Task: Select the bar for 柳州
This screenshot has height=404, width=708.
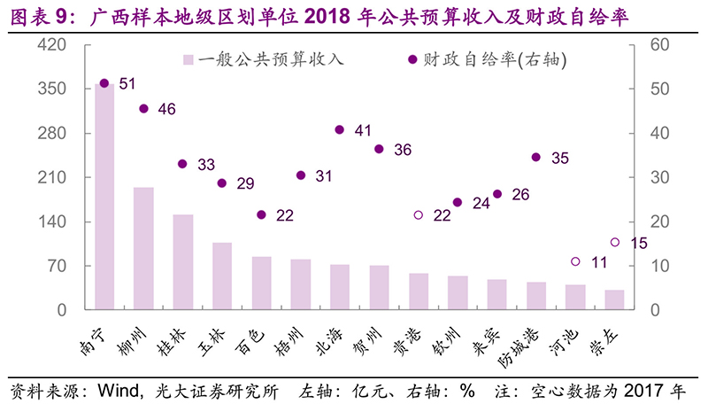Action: pyautogui.click(x=143, y=248)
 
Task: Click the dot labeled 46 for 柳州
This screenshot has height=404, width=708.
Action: pyautogui.click(x=143, y=109)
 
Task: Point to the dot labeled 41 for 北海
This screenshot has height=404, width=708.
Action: pyautogui.click(x=339, y=129)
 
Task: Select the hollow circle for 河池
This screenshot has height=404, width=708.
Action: pyautogui.click(x=575, y=261)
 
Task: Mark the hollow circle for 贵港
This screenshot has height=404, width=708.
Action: pyautogui.click(x=419, y=214)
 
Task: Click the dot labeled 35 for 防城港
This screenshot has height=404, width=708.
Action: pyautogui.click(x=535, y=158)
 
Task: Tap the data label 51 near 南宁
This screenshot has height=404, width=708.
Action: pyautogui.click(x=127, y=84)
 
